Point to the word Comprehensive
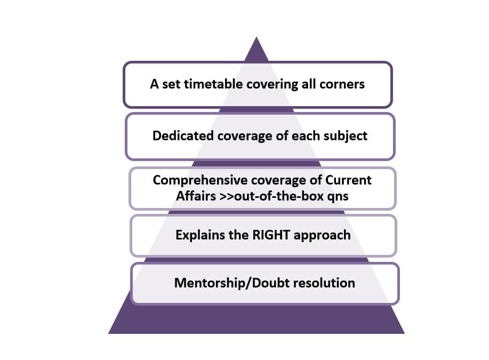200,180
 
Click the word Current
348,180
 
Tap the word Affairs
196,196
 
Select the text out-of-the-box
279,196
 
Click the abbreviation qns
338,197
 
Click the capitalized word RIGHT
271,235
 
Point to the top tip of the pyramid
256,37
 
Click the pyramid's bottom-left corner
109,333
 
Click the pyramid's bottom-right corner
405,333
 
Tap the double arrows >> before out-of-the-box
227,197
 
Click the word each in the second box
306,135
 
